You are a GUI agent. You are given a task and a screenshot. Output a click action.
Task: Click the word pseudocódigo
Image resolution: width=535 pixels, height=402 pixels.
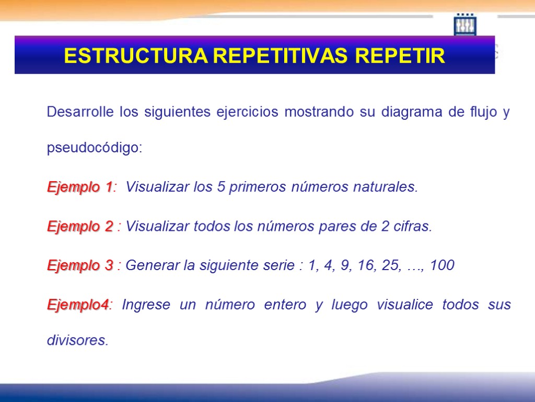[94, 149]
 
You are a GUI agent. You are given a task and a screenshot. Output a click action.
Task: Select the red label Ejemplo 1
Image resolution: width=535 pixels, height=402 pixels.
[80, 187]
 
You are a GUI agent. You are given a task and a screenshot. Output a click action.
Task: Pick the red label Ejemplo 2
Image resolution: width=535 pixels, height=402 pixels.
[80, 227]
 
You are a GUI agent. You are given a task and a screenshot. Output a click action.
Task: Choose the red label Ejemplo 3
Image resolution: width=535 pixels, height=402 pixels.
[80, 266]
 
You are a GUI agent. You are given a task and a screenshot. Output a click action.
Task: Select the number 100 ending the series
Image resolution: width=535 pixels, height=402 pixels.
[443, 266]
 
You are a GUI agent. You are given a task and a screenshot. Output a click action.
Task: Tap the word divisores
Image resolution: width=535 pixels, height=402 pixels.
[77, 341]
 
